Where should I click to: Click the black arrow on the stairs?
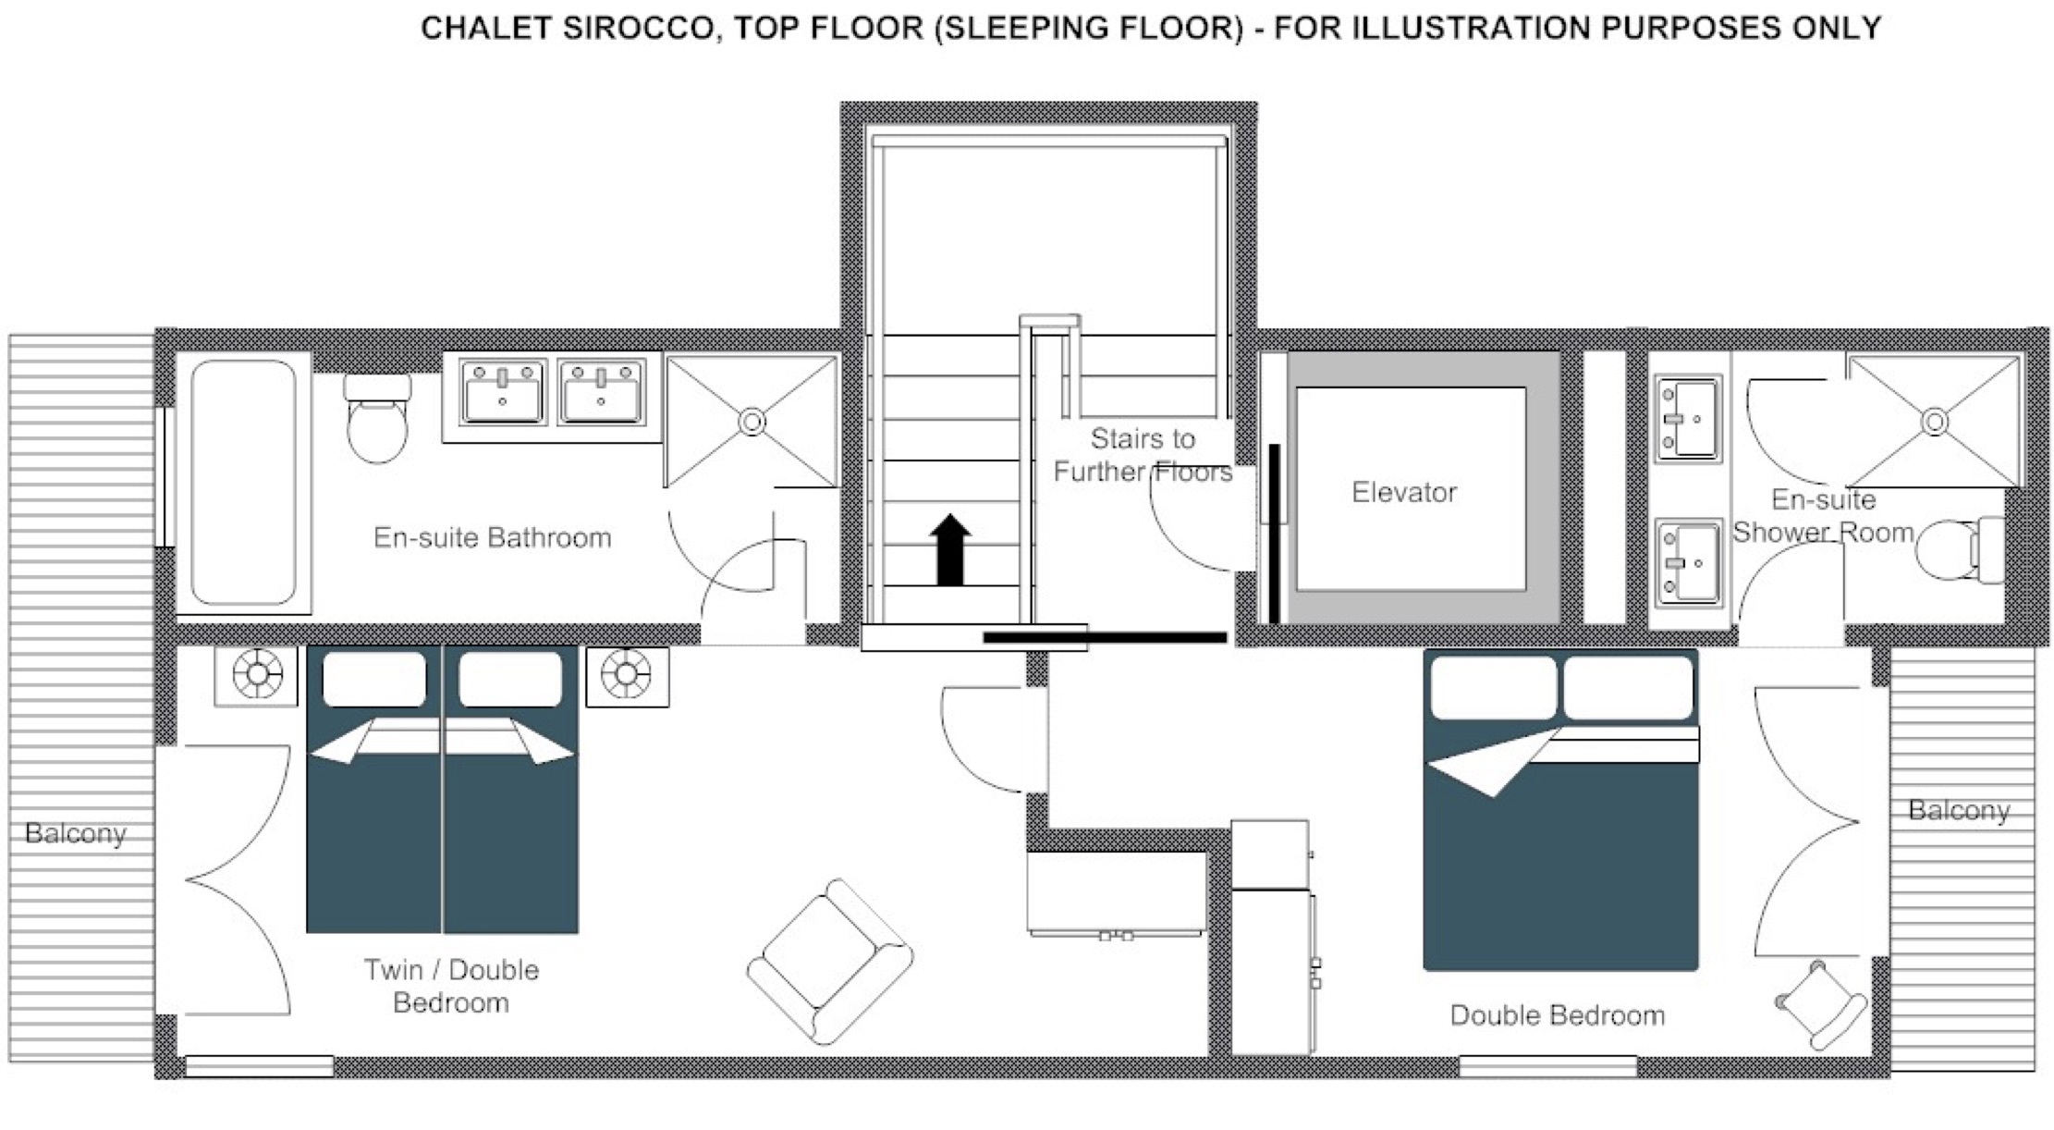point(949,550)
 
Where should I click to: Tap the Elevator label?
point(1404,492)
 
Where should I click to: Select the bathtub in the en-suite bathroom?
point(244,483)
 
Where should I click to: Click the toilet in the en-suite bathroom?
point(377,418)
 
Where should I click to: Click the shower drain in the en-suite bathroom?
point(752,422)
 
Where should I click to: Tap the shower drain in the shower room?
point(1935,422)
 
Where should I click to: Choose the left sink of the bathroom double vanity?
point(503,392)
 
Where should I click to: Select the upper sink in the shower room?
point(1688,419)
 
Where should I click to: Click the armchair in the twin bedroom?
point(830,962)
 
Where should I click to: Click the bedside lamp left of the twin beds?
point(257,674)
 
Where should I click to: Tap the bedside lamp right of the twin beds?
point(627,674)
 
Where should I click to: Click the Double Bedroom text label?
point(1558,1015)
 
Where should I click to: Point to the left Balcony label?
point(76,833)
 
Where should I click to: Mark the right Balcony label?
point(1960,810)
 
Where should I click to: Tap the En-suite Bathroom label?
point(493,537)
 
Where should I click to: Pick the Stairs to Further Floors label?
point(1143,455)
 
